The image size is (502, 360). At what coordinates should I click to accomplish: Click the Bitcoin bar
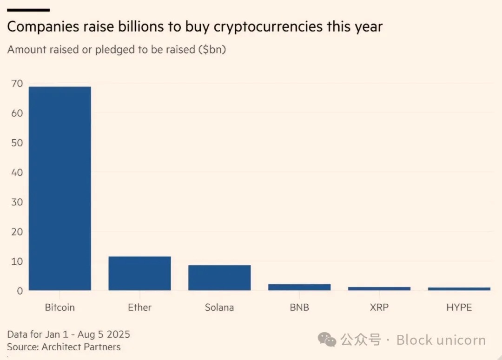[60, 188]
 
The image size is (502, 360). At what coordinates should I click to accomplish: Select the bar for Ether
[139, 273]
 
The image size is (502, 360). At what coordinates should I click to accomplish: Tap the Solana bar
[219, 278]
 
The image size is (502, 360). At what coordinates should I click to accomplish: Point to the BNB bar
[299, 287]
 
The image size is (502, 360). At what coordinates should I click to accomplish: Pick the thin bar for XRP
[379, 288]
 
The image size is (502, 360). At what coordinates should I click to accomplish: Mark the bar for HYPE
[459, 289]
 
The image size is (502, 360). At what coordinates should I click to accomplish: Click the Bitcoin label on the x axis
[60, 308]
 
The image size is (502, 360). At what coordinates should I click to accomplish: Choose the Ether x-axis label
[139, 308]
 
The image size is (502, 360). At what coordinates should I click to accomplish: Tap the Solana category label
[219, 308]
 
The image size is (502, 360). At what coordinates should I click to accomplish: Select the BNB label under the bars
[299, 308]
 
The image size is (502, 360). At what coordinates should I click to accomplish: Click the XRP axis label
[379, 308]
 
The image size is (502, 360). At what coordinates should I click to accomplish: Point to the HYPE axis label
[459, 308]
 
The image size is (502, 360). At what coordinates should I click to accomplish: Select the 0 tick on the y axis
[19, 291]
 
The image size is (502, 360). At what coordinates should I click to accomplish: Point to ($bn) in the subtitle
[211, 50]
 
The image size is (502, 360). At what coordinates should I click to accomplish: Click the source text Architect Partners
[81, 347]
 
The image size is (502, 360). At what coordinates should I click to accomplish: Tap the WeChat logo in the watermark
[327, 340]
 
